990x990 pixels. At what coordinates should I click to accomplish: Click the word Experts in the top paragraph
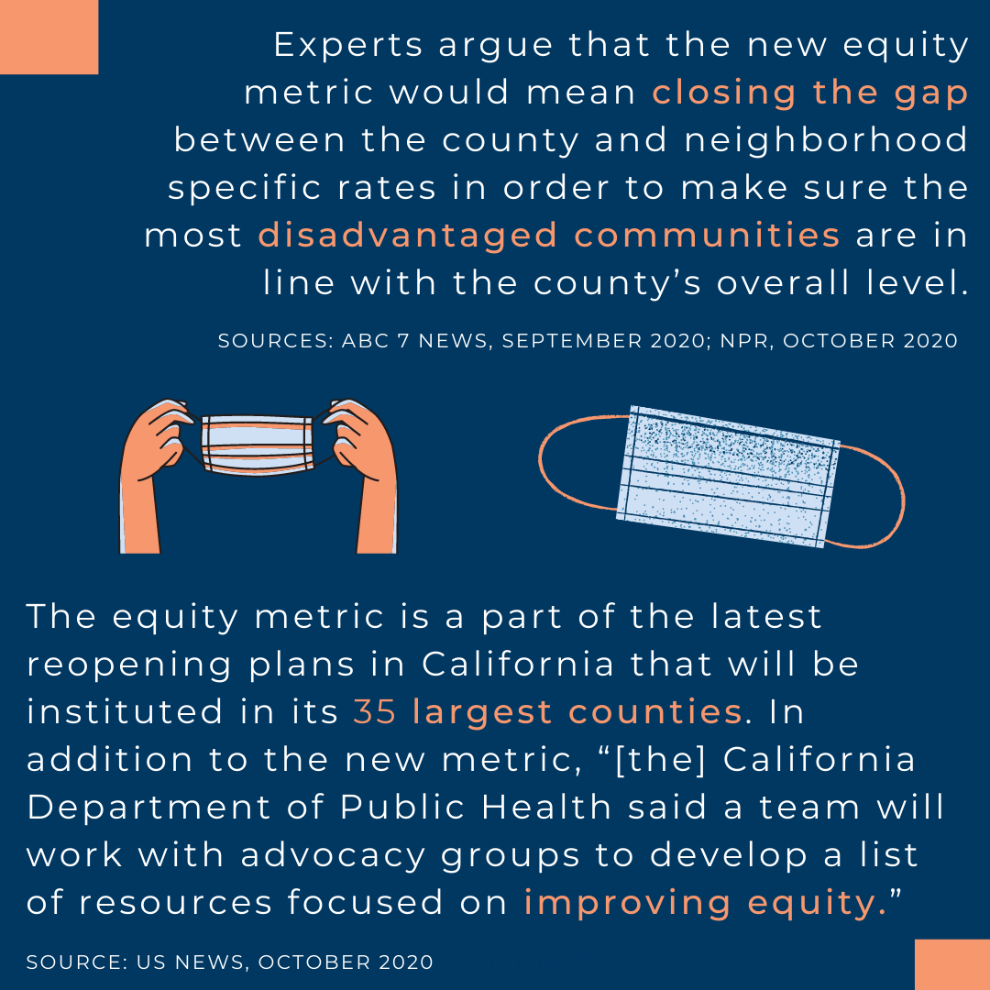click(x=348, y=46)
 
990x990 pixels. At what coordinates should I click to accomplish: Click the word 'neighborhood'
click(x=826, y=139)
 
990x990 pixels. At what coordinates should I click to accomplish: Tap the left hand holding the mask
click(x=155, y=475)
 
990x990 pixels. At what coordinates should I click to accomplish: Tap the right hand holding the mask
click(x=362, y=475)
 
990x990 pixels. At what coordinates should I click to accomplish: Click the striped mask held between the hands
click(x=257, y=445)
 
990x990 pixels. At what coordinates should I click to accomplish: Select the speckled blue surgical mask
click(x=727, y=476)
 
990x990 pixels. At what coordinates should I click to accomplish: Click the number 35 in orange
click(x=374, y=711)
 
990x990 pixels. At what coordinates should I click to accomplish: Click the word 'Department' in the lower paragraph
click(x=149, y=808)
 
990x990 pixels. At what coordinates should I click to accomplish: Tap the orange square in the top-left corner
click(x=49, y=37)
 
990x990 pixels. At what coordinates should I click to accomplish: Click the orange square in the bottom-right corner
click(x=952, y=964)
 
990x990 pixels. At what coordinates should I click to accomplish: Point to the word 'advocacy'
click(x=333, y=856)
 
